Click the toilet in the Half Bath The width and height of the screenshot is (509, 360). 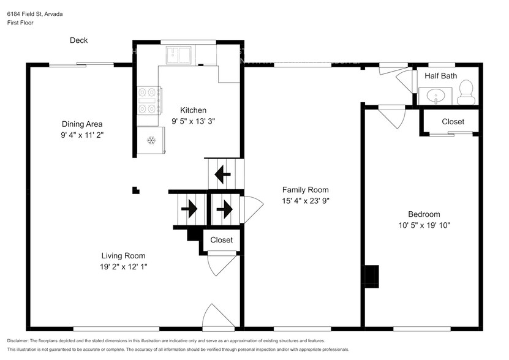tap(466, 91)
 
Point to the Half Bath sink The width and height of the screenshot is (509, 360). tap(435, 96)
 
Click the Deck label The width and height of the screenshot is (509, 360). tap(78, 40)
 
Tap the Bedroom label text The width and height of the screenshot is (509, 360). tap(424, 214)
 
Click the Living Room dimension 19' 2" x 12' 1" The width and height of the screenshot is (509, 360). tap(123, 266)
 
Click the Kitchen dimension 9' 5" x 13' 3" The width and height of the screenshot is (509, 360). tap(189, 121)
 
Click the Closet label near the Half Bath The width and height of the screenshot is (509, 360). tap(453, 122)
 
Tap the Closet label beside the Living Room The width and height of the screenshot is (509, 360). tap(221, 240)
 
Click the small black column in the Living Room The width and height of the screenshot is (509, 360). tap(136, 190)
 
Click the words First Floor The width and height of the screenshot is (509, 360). tap(21, 23)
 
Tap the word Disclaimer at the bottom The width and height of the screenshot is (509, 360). tap(20, 340)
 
